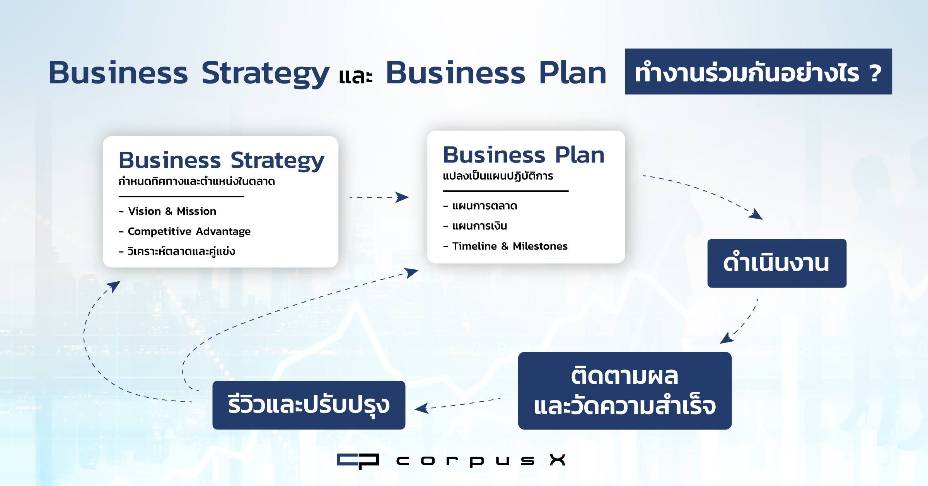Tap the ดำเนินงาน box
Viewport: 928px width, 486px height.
[777, 263]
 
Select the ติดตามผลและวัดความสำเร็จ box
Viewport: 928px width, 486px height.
[625, 390]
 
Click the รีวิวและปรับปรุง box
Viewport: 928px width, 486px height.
[309, 405]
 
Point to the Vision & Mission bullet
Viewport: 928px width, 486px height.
[167, 211]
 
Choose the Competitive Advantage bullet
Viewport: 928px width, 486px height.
[184, 231]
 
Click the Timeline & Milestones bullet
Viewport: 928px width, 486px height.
[505, 246]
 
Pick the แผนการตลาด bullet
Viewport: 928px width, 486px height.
[480, 206]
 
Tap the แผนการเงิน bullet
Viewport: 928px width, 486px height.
[475, 226]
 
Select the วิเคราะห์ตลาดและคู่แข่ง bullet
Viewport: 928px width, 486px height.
[177, 252]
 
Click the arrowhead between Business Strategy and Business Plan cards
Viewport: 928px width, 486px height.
[402, 197]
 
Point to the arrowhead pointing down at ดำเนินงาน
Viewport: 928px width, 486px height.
[756, 214]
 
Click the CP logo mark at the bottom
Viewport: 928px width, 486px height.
[358, 461]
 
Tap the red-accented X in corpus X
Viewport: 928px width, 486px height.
[558, 460]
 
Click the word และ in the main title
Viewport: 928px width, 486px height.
[356, 76]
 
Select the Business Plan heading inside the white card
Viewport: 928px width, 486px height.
[524, 155]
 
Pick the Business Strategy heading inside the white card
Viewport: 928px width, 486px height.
[222, 161]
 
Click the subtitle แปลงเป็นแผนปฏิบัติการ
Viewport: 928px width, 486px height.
[498, 176]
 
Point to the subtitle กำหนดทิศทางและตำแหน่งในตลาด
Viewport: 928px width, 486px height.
[197, 181]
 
